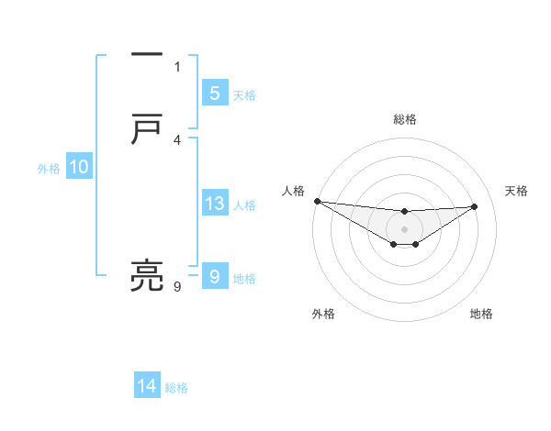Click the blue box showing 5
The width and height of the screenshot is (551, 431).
[214, 93]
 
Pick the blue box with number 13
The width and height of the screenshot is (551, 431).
[214, 204]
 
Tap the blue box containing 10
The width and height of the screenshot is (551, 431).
[78, 167]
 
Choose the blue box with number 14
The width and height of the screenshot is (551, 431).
[147, 386]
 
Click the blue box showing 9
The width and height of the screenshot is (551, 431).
[214, 276]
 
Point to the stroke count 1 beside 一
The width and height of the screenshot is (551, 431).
[177, 66]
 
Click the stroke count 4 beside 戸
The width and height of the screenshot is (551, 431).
[177, 139]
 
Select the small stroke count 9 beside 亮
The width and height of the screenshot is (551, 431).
[177, 286]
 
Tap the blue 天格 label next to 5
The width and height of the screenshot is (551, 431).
[244, 95]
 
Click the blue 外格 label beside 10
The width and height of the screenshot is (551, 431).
[49, 169]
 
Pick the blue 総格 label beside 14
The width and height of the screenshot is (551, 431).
[176, 388]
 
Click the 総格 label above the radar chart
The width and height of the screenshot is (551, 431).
[405, 119]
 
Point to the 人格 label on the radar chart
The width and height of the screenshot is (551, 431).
[293, 190]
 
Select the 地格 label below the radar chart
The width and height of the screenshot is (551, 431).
[481, 314]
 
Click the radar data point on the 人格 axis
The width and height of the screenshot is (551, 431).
[317, 201]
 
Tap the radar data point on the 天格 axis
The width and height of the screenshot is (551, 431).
[475, 206]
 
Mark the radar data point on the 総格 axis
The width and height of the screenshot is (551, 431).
[404, 212]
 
